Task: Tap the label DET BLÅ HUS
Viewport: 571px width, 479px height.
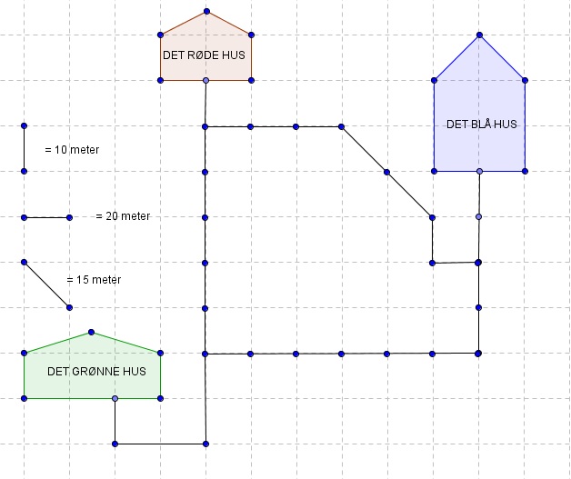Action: coord(482,125)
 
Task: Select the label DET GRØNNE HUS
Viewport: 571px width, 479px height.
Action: coord(96,371)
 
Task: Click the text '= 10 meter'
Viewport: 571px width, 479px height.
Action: coord(72,149)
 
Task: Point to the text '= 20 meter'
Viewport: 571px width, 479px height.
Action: coord(123,216)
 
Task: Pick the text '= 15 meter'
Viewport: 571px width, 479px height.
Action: coord(94,280)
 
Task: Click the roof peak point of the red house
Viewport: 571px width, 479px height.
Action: coord(206,12)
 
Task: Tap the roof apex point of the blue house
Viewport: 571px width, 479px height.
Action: coord(479,35)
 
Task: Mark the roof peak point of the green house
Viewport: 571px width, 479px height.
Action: coord(91,332)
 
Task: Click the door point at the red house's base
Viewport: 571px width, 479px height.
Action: coord(206,81)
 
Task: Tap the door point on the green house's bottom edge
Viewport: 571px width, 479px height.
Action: coord(115,398)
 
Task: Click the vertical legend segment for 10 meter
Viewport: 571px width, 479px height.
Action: coord(25,147)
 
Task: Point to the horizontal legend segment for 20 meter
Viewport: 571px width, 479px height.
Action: coord(47,217)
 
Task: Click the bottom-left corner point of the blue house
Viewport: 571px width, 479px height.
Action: coord(434,171)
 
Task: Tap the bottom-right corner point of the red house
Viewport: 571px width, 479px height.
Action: coord(251,81)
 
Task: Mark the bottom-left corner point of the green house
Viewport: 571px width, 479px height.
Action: coord(25,398)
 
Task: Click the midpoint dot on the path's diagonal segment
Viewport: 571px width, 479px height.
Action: coord(386,172)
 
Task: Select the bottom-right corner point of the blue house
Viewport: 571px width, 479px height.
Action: coord(525,171)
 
